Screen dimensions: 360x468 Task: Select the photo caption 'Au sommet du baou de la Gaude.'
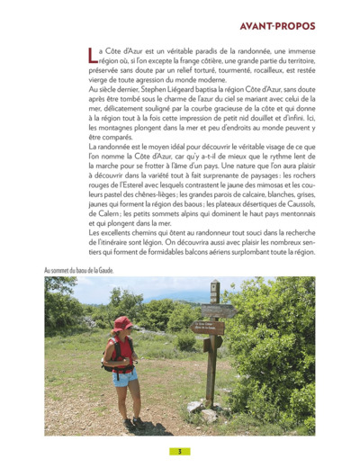coord(80,270)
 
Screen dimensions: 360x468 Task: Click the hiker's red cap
coord(123,322)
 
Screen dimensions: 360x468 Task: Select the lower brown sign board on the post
coord(213,343)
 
